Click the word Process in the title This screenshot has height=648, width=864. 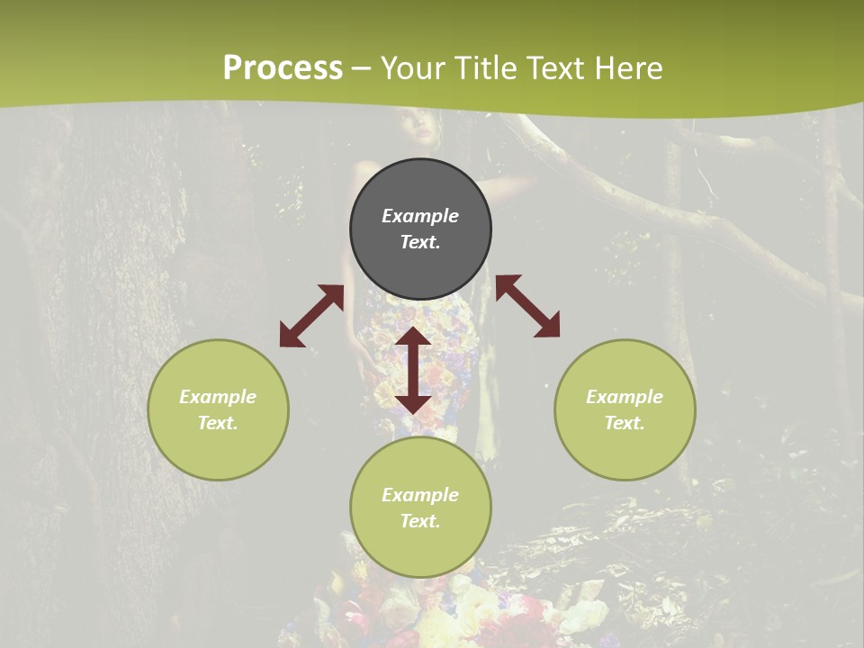pyautogui.click(x=283, y=68)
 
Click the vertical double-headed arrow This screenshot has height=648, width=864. pyautogui.click(x=413, y=370)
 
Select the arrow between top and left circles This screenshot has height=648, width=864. pyautogui.click(x=311, y=316)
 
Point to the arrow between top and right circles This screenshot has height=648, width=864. pyautogui.click(x=528, y=306)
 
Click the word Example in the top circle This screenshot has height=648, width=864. pyautogui.click(x=420, y=216)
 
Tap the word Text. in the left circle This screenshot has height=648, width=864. pyautogui.click(x=218, y=423)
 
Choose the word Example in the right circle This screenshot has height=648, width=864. pyautogui.click(x=625, y=397)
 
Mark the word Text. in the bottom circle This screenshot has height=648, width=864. pyautogui.click(x=420, y=521)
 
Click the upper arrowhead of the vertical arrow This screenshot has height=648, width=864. pyautogui.click(x=413, y=336)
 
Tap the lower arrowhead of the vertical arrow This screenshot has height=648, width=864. pyautogui.click(x=413, y=403)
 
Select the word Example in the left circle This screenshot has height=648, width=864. pyautogui.click(x=218, y=397)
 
